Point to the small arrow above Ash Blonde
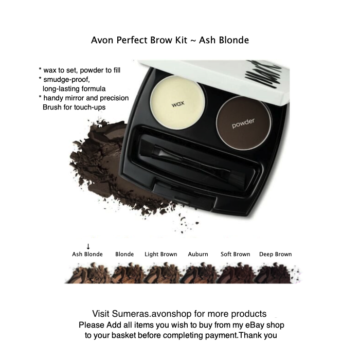(88, 246)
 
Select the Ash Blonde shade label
(87, 254)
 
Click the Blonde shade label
(124, 254)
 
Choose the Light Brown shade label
(160, 254)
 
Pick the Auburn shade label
(198, 254)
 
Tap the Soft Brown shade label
(235, 254)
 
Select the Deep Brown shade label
(275, 254)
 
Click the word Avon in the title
(100, 40)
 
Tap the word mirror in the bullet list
(86, 98)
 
